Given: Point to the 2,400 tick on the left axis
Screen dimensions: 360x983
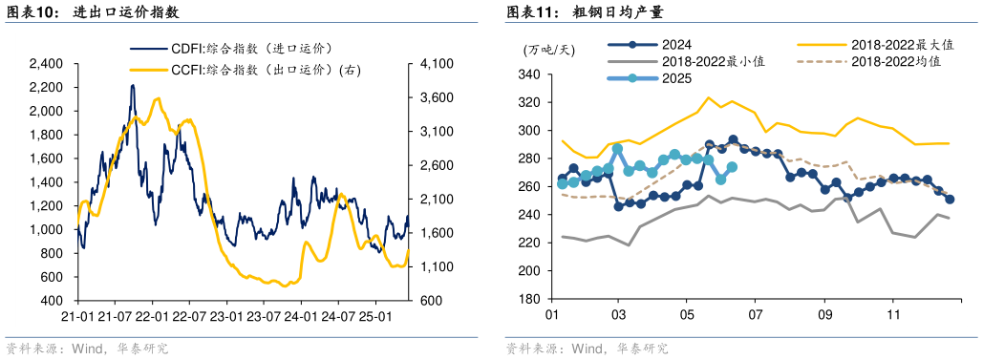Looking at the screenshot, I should click(46, 64).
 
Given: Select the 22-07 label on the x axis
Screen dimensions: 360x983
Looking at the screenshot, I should click(189, 316).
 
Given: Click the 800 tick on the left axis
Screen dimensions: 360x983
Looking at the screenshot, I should click(53, 253).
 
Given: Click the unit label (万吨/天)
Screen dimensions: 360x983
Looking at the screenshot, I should click(548, 49).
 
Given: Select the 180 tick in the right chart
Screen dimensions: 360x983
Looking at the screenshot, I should click(528, 299).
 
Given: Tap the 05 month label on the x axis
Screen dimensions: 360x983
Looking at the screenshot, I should click(687, 314).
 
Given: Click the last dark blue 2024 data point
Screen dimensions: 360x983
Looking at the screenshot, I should click(950, 200).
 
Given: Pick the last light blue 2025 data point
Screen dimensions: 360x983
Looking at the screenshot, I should click(732, 167).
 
